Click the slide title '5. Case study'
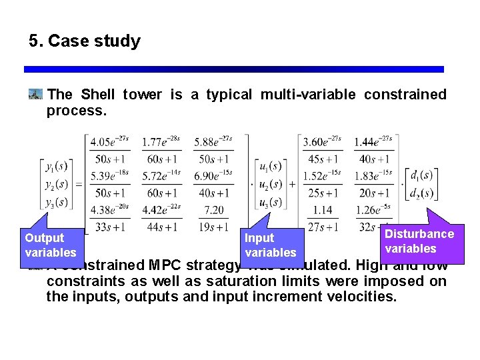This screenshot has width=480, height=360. click(85, 41)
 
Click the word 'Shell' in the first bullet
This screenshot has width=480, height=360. click(98, 95)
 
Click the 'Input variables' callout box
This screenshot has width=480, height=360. click(270, 245)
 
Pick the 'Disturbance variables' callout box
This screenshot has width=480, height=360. click(419, 241)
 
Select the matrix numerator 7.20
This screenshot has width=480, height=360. click(213, 211)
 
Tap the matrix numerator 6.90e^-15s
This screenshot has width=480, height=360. click(213, 176)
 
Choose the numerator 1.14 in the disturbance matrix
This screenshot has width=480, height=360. click(322, 211)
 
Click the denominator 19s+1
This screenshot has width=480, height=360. click(213, 227)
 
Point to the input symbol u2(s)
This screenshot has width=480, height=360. click(270, 184)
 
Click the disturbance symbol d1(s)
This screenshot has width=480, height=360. click(421, 175)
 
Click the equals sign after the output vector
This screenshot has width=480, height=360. click(79, 184)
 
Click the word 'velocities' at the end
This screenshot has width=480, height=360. click(362, 296)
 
